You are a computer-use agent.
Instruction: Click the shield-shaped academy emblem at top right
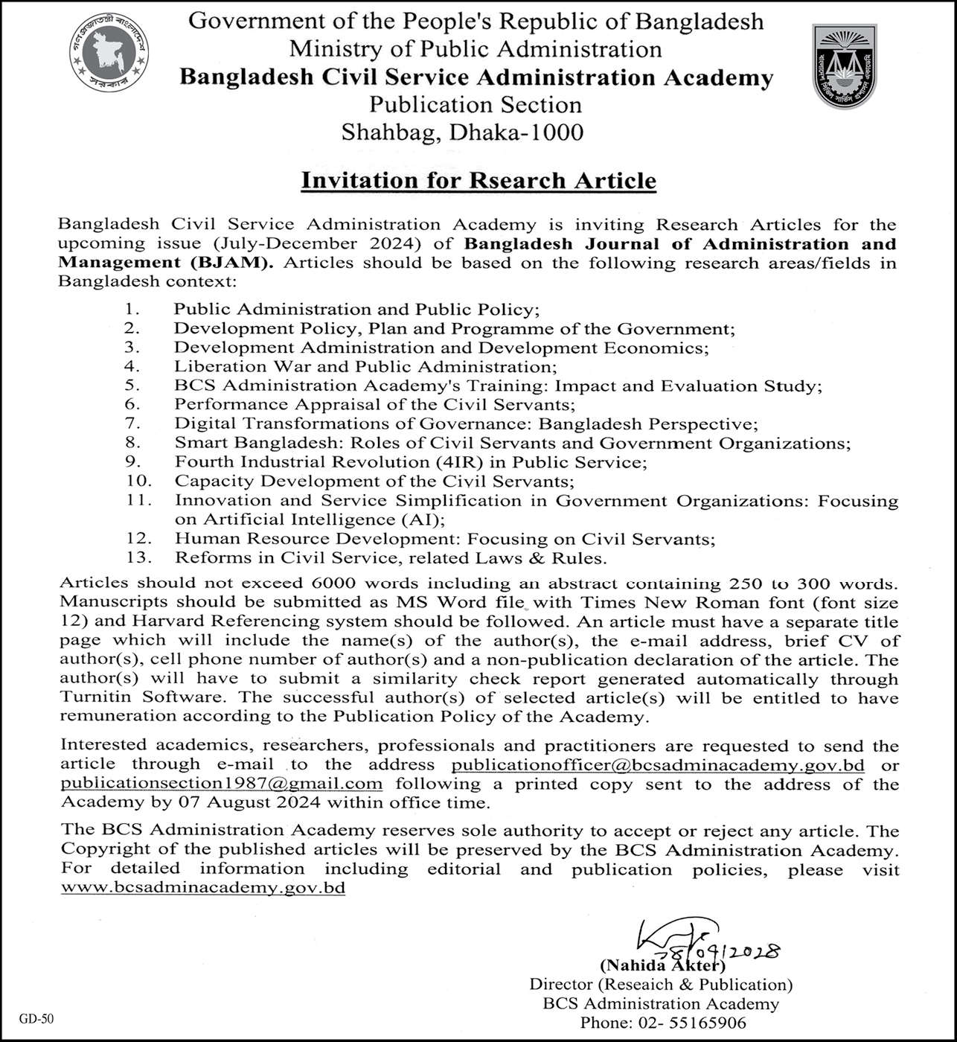point(844,65)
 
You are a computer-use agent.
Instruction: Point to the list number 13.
point(138,557)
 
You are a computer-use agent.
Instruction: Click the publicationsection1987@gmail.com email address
point(222,784)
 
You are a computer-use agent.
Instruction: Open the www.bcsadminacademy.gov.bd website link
point(203,888)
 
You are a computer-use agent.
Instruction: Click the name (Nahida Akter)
point(662,966)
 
